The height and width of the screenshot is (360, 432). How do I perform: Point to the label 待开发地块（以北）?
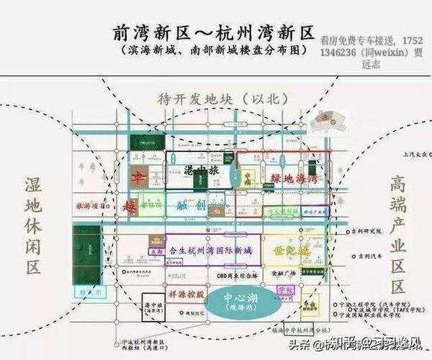tap(216, 99)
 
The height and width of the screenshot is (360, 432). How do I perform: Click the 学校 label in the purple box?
tap(286, 290)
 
